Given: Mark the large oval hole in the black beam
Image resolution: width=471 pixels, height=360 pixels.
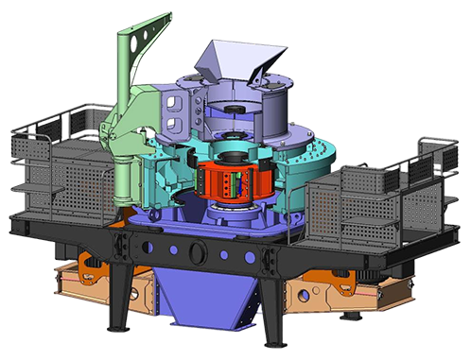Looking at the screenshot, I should [x=200, y=251].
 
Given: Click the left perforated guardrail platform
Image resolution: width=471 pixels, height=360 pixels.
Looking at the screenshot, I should [x=57, y=165].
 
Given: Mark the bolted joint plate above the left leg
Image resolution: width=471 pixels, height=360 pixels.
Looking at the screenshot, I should [x=123, y=247].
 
